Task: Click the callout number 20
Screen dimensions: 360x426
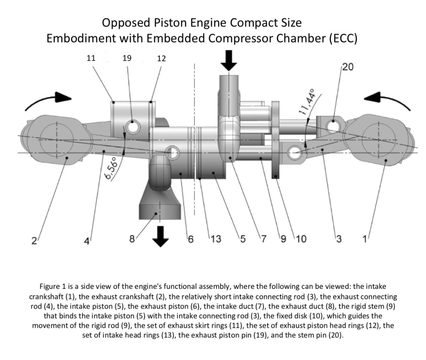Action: (347, 68)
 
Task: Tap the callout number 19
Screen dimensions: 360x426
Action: (127, 58)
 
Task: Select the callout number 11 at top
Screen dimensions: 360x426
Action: (91, 58)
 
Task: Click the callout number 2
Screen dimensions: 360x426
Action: (34, 241)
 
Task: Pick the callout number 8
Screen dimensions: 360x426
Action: (132, 239)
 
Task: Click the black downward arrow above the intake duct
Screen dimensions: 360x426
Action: (229, 61)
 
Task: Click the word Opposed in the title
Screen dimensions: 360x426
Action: (126, 22)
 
